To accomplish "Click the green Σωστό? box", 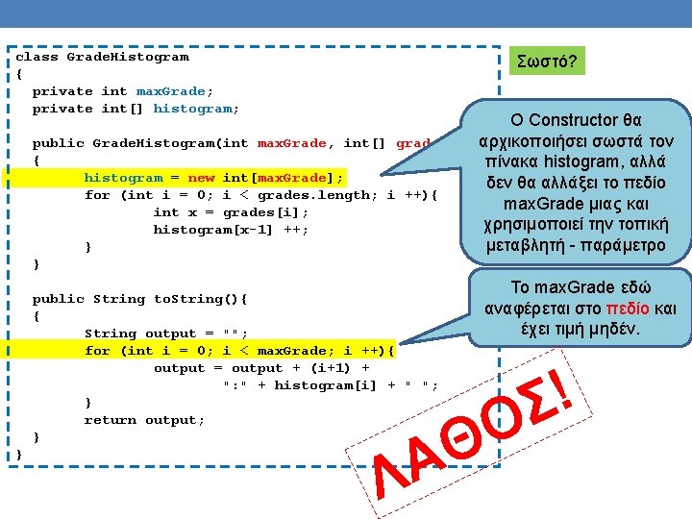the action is click(547, 62).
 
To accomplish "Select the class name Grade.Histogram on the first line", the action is click(127, 57).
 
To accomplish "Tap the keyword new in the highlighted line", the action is click(201, 178).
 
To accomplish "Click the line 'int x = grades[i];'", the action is click(231, 212).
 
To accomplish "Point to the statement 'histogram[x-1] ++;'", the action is click(231, 230).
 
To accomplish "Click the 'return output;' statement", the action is click(144, 420).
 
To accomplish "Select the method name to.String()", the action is click(200, 299).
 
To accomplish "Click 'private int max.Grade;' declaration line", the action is click(123, 91).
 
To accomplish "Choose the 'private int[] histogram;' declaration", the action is click(136, 109).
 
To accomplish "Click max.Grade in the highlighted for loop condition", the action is click(292, 351).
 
